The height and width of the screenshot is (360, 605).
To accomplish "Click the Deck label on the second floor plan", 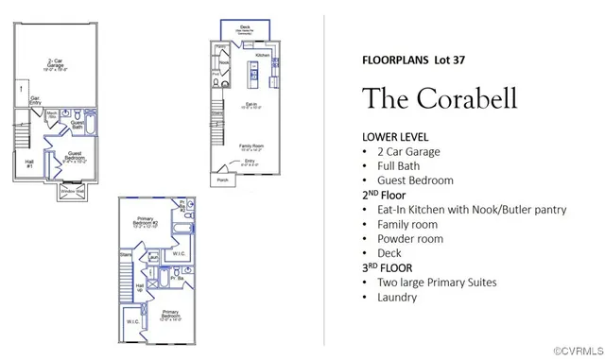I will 245,28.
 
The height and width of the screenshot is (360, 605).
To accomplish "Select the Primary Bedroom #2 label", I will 142,221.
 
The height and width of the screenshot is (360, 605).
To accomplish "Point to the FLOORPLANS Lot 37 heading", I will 412,59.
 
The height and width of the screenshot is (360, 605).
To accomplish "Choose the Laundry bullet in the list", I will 396,298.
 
